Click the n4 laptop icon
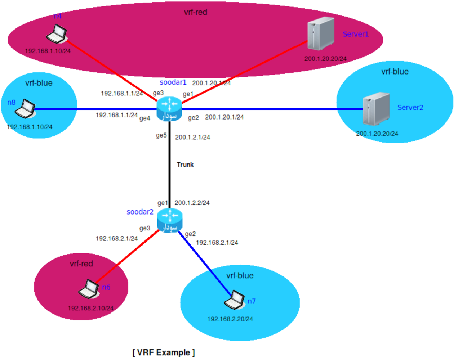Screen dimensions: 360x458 [x=57, y=34]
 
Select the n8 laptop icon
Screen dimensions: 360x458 [x=26, y=108]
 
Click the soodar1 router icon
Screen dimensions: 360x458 [x=169, y=108]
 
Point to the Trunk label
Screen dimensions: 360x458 [x=185, y=165]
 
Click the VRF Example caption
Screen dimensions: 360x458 [x=164, y=352]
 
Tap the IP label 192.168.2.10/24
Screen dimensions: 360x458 [x=91, y=308]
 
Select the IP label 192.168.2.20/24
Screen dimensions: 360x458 [x=230, y=319]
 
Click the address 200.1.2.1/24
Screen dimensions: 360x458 [x=192, y=137]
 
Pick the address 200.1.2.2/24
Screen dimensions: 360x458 [x=192, y=203]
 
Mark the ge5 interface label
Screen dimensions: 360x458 [x=161, y=136]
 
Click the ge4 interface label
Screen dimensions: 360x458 [x=144, y=118]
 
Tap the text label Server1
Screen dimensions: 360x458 [x=356, y=34]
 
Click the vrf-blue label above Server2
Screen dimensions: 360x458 [x=395, y=72]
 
